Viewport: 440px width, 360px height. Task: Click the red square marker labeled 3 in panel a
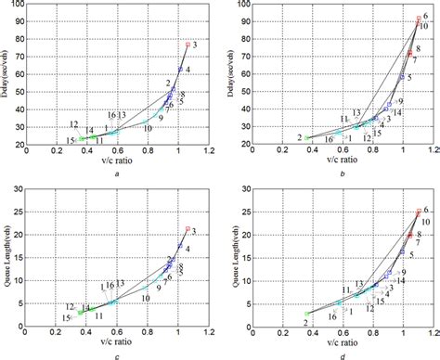(188, 45)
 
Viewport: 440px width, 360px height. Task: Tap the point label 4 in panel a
(188, 71)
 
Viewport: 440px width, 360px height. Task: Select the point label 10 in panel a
(148, 128)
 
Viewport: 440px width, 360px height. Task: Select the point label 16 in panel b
(330, 140)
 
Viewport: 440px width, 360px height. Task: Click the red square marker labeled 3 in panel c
(188, 228)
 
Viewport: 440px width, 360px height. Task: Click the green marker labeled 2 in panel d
(307, 314)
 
